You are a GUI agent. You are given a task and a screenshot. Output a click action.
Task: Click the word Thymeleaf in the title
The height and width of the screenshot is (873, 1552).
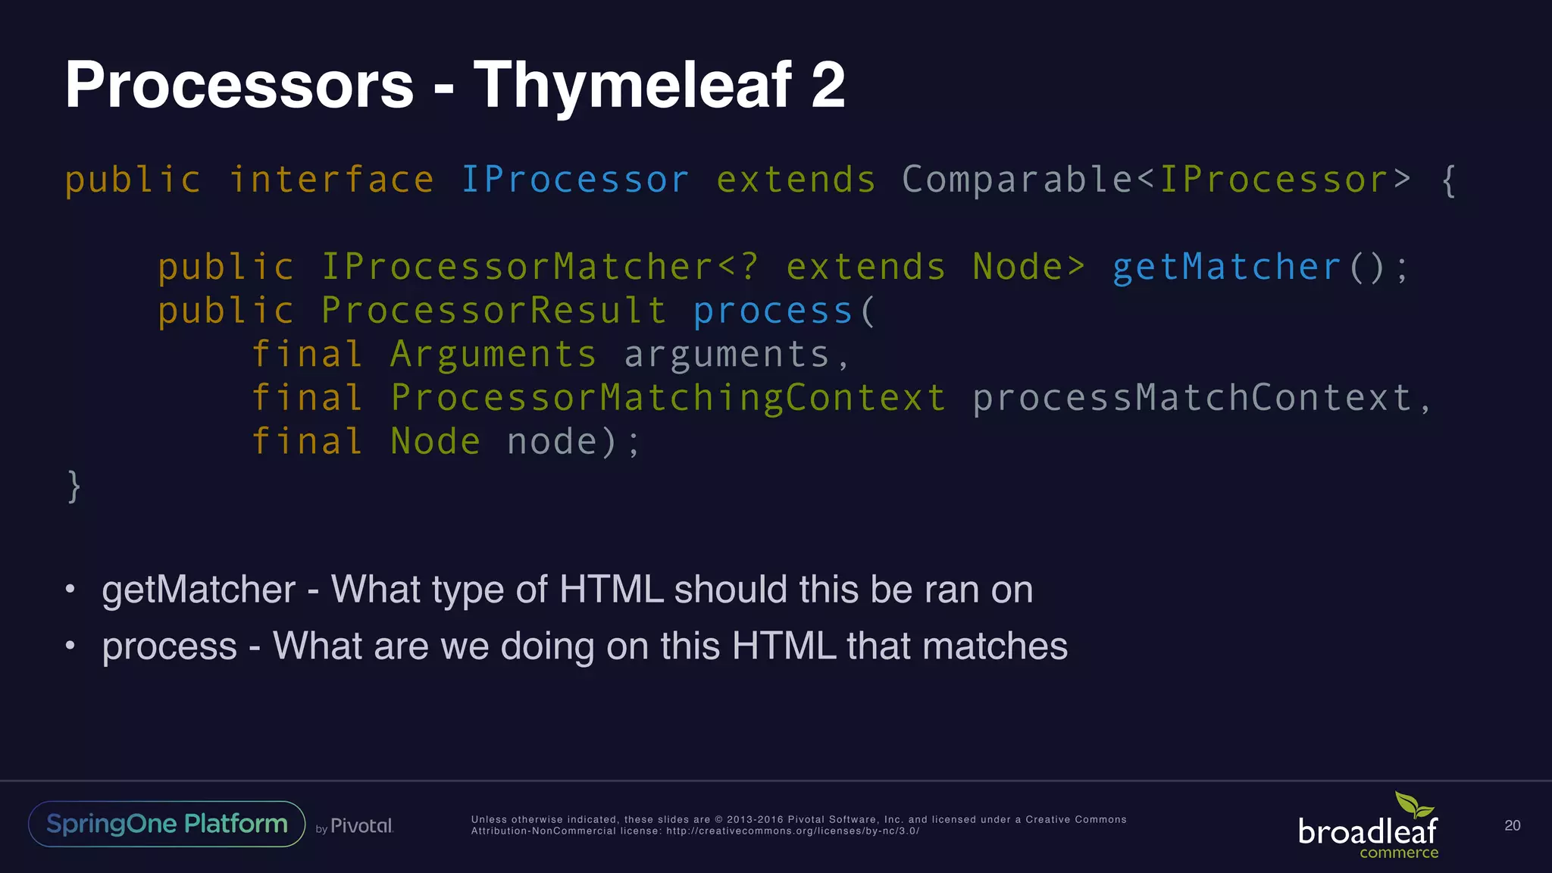[632, 86]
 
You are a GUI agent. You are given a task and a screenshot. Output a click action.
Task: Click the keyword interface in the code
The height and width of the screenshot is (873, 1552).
[331, 180]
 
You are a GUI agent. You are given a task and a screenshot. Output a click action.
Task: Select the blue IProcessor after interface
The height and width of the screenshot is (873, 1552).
[574, 180]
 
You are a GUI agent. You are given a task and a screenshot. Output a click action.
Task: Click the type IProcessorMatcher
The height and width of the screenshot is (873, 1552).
[517, 268]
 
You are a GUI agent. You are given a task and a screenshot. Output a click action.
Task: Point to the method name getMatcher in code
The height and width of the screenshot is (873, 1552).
[1226, 268]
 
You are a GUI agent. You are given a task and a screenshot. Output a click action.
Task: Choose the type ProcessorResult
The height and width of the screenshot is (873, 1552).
[493, 311]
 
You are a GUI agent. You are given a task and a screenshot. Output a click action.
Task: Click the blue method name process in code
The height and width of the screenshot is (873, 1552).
[773, 311]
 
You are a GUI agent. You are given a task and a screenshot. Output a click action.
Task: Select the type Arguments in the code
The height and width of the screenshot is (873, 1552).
[493, 355]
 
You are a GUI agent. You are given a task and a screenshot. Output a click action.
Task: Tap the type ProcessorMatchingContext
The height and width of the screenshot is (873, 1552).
[668, 398]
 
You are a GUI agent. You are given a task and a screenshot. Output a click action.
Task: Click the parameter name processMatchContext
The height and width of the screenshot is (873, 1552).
[1191, 398]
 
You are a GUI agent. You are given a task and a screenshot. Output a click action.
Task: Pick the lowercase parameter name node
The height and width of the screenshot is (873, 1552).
[552, 442]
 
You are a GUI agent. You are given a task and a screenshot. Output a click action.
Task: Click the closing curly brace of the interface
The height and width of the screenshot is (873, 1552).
[74, 486]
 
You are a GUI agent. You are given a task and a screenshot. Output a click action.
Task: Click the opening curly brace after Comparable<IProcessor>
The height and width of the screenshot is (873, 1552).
[1448, 180]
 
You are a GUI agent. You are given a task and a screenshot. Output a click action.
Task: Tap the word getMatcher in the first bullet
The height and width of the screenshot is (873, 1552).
[199, 590]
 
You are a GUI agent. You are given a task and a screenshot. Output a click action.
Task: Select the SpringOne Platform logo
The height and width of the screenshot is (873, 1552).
[167, 824]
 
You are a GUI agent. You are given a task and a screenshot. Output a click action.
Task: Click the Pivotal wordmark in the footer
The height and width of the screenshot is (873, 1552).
[361, 826]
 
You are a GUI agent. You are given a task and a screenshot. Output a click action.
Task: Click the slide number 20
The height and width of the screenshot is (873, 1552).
[1512, 825]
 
